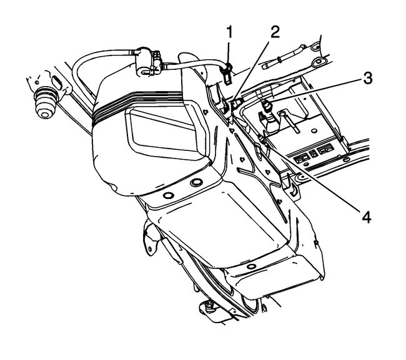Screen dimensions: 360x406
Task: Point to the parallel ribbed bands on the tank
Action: pyautogui.click(x=144, y=104)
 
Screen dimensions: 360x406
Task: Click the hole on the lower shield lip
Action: pyautogui.click(x=249, y=267)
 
